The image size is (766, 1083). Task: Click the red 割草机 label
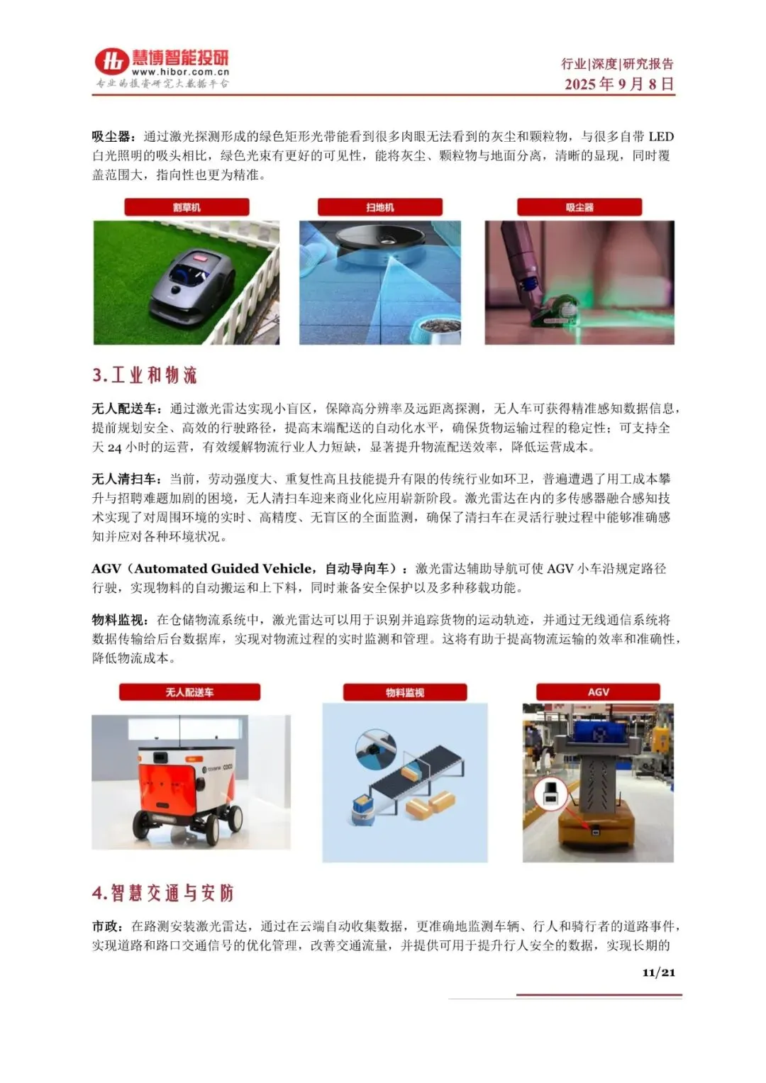pos(187,207)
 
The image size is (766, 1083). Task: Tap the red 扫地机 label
pos(379,207)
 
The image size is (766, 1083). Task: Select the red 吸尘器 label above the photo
pos(579,207)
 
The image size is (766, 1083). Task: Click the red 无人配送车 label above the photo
pos(189,692)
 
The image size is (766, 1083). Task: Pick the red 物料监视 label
pos(405,692)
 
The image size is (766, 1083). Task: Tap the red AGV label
pos(598,692)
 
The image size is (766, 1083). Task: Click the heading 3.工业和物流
pos(144,375)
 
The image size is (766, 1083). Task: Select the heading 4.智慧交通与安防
pos(163,893)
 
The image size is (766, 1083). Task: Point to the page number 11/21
pos(658,972)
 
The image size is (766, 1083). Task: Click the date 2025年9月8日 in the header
pos(619,84)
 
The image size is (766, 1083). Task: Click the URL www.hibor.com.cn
pos(180,72)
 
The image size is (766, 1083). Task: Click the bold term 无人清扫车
pos(124,479)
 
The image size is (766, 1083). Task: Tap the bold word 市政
pos(105,926)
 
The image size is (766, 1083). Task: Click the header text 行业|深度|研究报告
pos(617,63)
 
